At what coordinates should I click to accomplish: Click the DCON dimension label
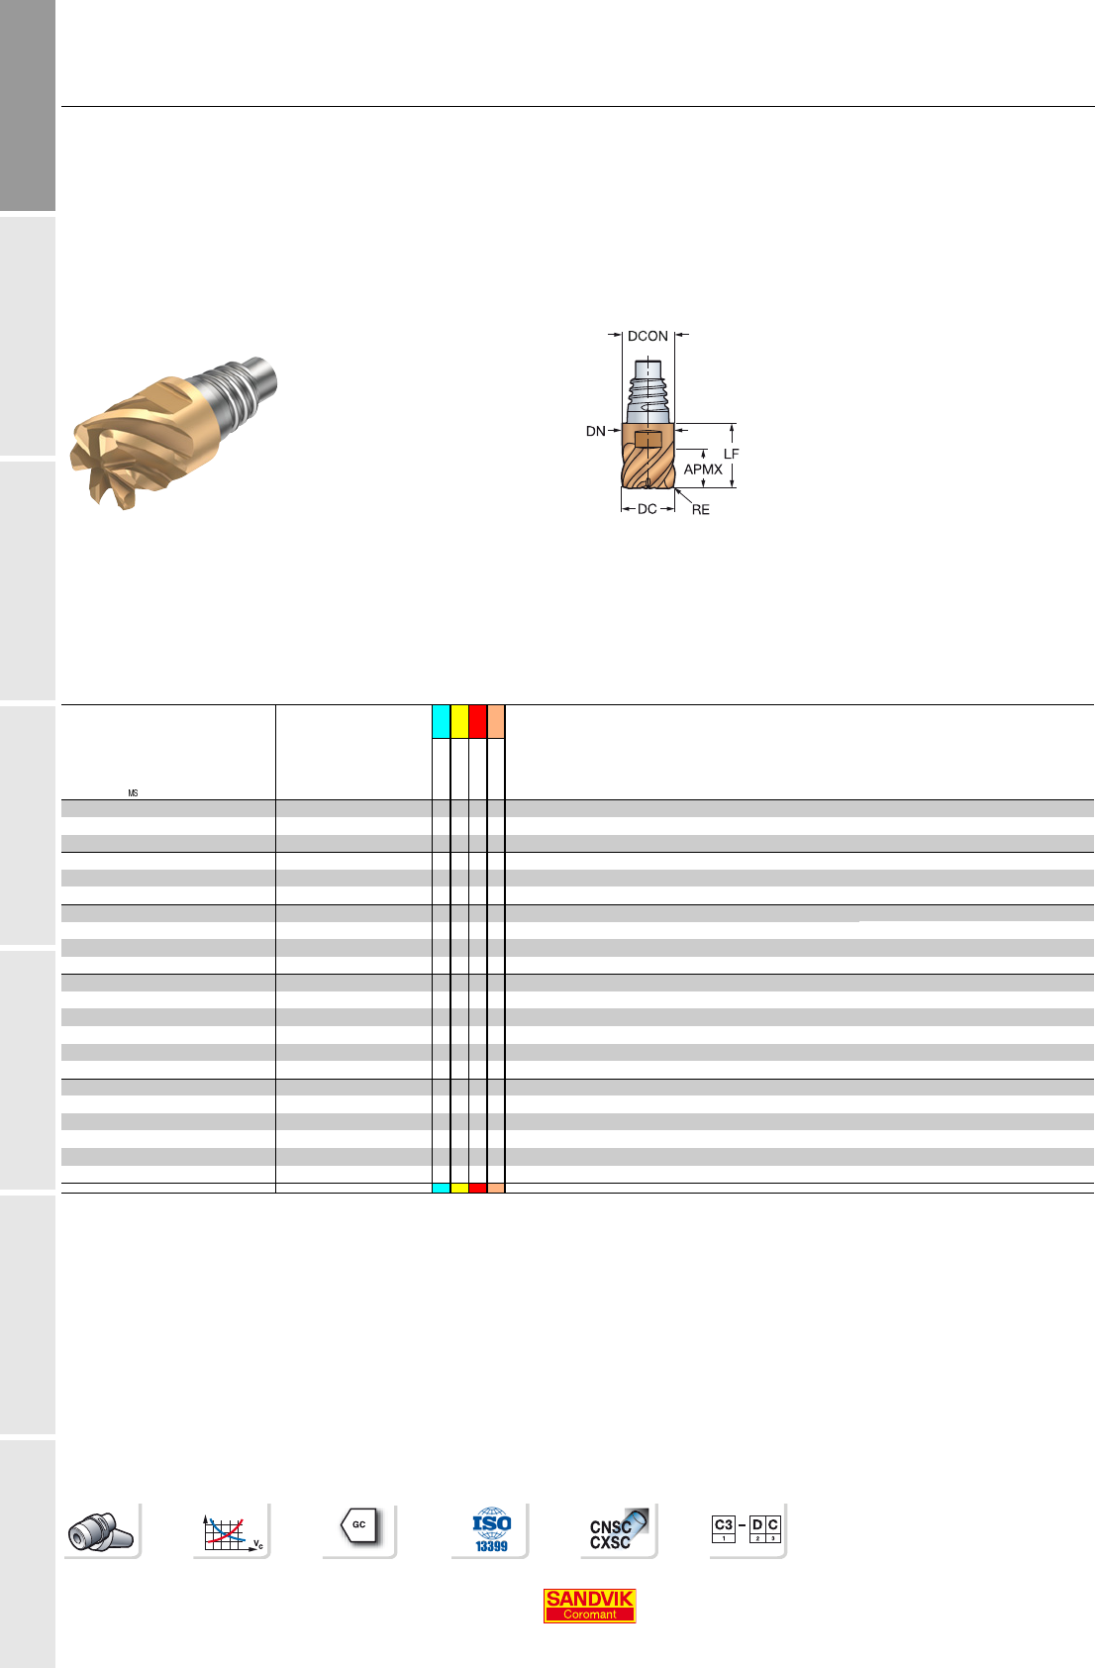tap(647, 336)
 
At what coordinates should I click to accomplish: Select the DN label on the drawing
tap(595, 431)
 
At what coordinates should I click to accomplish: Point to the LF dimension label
tap(731, 454)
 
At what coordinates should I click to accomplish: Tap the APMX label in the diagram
tap(703, 469)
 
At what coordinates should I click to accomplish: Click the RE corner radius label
tap(701, 509)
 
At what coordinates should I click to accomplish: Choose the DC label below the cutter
tap(647, 508)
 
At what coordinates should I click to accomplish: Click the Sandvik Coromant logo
tap(589, 1606)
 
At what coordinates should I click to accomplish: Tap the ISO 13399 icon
tap(491, 1530)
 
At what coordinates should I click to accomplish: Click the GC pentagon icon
tap(359, 1525)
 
